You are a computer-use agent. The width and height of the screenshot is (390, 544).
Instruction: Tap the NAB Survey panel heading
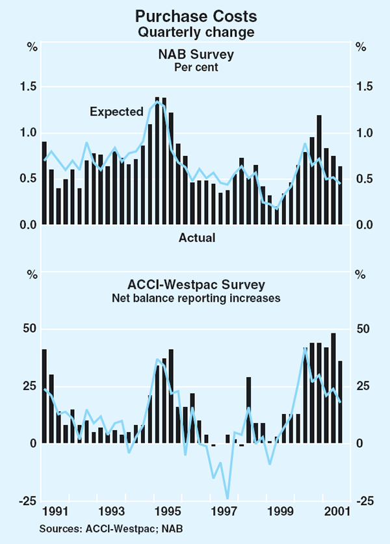[195, 55]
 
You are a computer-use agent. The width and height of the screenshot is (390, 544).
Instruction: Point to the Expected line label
[116, 112]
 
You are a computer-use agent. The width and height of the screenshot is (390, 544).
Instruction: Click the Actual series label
[197, 238]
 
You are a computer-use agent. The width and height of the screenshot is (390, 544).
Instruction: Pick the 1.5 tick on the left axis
[29, 87]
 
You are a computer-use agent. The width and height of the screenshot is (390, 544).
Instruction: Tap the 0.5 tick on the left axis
[29, 179]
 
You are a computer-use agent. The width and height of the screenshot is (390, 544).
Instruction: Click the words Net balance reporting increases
[195, 299]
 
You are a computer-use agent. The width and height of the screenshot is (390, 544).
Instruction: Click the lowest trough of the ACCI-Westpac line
[227, 497]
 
